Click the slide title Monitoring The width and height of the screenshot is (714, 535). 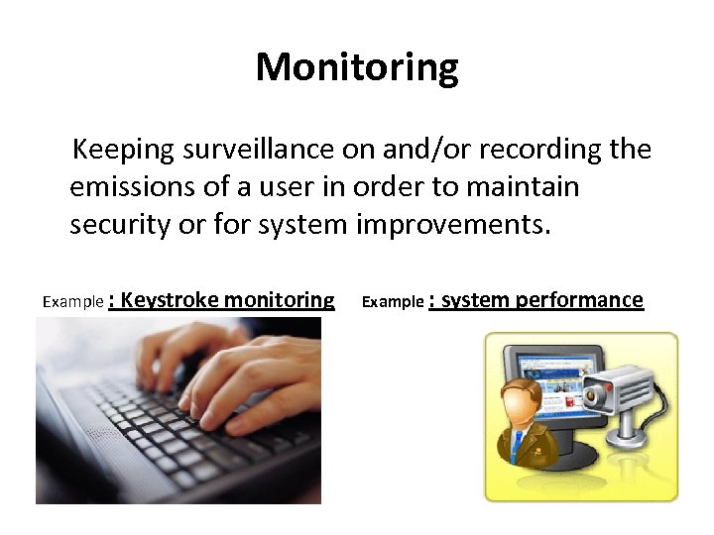coord(357,67)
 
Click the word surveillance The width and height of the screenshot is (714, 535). coord(258,150)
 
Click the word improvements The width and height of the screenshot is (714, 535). coord(452,224)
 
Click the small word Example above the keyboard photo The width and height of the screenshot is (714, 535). coord(73,301)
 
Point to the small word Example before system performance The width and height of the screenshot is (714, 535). coord(393,301)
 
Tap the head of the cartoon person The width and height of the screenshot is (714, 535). coord(526,401)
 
